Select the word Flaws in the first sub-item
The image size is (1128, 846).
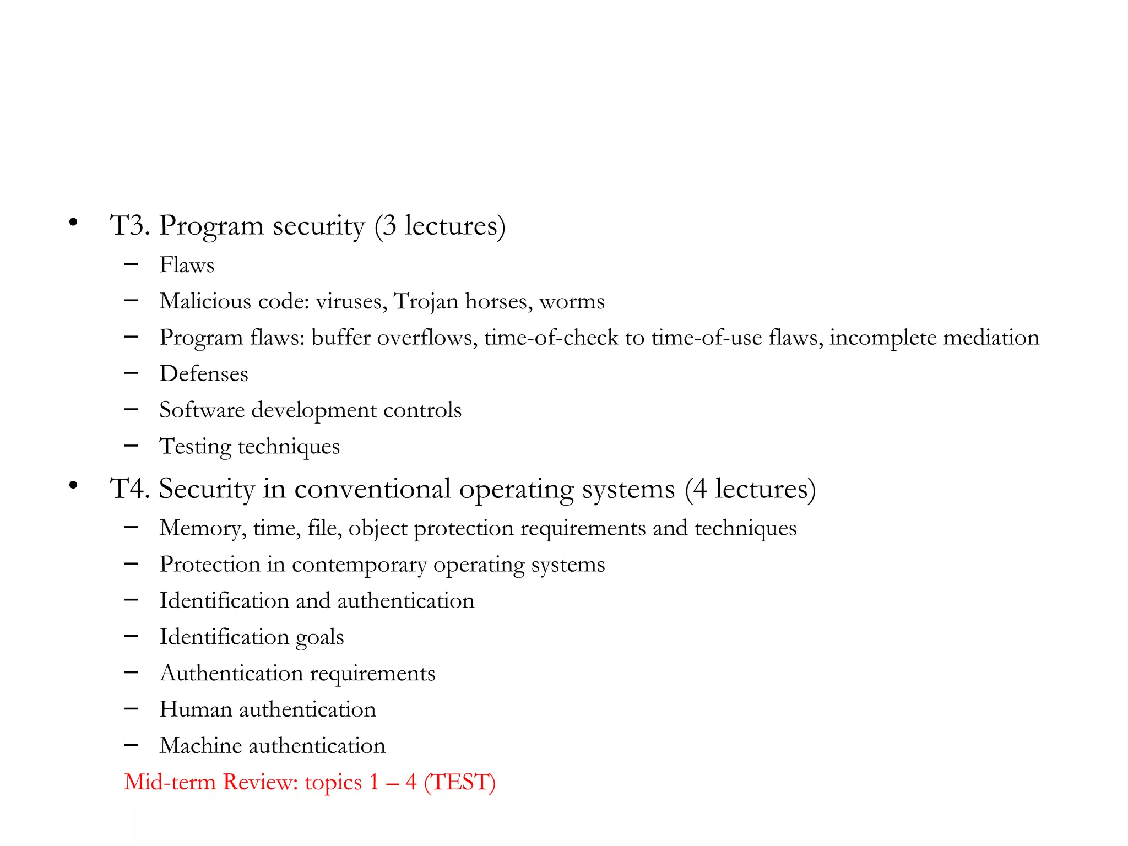[x=187, y=265]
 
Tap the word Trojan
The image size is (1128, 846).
[x=426, y=302]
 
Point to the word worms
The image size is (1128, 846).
[x=572, y=302]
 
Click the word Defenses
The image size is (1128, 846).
[x=204, y=374]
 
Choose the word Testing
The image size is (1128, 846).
[x=195, y=447]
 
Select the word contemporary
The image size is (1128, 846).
[x=359, y=565]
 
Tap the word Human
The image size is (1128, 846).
[x=196, y=709]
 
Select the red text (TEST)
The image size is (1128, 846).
[x=459, y=782]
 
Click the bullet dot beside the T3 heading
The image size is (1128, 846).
[x=73, y=223]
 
